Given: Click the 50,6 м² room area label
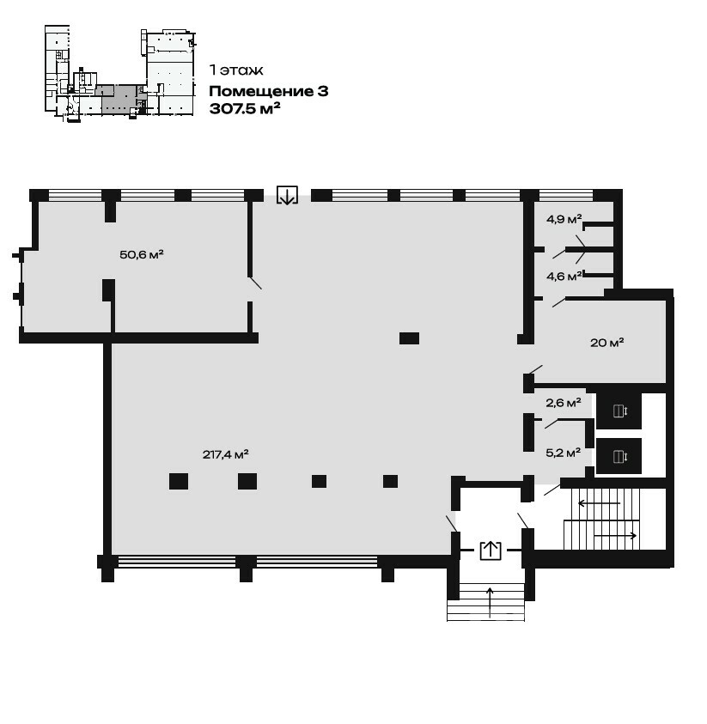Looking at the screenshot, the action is click(x=142, y=254).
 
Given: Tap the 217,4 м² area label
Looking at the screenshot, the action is click(x=225, y=454).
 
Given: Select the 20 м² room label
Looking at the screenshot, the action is click(x=606, y=343).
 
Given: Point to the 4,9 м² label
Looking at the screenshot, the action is click(x=564, y=219).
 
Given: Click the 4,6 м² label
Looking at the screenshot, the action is click(x=564, y=277).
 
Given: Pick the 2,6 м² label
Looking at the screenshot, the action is click(x=564, y=403).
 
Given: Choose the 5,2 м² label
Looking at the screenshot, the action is click(x=564, y=453).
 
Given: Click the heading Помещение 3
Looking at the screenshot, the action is click(x=269, y=91).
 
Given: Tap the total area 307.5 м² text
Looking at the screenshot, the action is click(x=245, y=108).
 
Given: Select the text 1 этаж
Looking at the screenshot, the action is click(x=236, y=70).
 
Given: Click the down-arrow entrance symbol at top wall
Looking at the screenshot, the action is click(x=287, y=195).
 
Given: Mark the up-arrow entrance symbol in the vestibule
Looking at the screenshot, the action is click(x=491, y=551).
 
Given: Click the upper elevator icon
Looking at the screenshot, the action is click(x=619, y=411).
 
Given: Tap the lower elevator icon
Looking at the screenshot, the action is click(x=619, y=457).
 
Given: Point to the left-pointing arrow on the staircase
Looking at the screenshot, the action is click(x=599, y=503).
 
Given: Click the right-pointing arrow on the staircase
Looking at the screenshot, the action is click(x=616, y=536).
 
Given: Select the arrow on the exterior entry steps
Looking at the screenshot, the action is click(x=490, y=602).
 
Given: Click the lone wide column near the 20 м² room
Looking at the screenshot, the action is click(x=409, y=338).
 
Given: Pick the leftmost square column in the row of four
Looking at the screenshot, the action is click(x=179, y=482).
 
